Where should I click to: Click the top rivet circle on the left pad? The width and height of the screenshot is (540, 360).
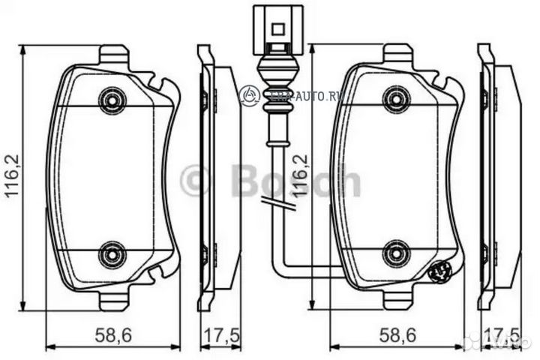[x=112, y=100]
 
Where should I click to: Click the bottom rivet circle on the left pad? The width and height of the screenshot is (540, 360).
[x=112, y=253]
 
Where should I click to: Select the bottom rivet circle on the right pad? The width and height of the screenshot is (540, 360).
[x=396, y=253]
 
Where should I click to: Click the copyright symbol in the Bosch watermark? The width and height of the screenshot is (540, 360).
[x=194, y=181]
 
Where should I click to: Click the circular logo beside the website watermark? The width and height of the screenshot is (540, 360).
[x=249, y=94]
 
